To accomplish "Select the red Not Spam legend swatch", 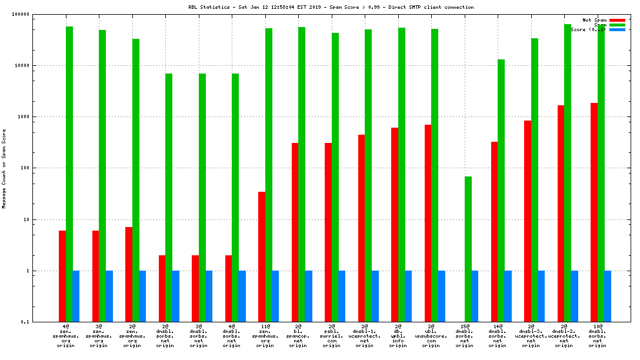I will pos(617,20).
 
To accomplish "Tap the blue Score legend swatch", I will pos(617,29).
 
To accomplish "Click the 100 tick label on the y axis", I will pos(41,168).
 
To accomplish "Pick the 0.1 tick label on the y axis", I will pos(41,322).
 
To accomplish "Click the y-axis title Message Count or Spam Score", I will pos(4,169).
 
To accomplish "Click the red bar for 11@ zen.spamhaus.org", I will pos(262,256).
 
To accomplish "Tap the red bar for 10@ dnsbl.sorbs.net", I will pos(594,212).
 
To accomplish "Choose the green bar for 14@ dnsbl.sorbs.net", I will pos(501,191).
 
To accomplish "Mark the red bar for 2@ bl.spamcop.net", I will pos(295,232).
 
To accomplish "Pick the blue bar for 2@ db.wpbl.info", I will pos(408,296).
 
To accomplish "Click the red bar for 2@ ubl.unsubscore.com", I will pos(428,223).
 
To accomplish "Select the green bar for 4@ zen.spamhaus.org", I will pos(69,174).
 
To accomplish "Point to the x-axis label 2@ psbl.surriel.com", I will pos(331,335).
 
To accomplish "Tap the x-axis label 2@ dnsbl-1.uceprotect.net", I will pos(365,335).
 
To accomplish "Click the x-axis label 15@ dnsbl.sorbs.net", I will pos(464,335).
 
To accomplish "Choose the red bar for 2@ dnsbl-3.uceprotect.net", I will pos(528,221).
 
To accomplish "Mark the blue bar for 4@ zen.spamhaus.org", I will pos(76,296).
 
